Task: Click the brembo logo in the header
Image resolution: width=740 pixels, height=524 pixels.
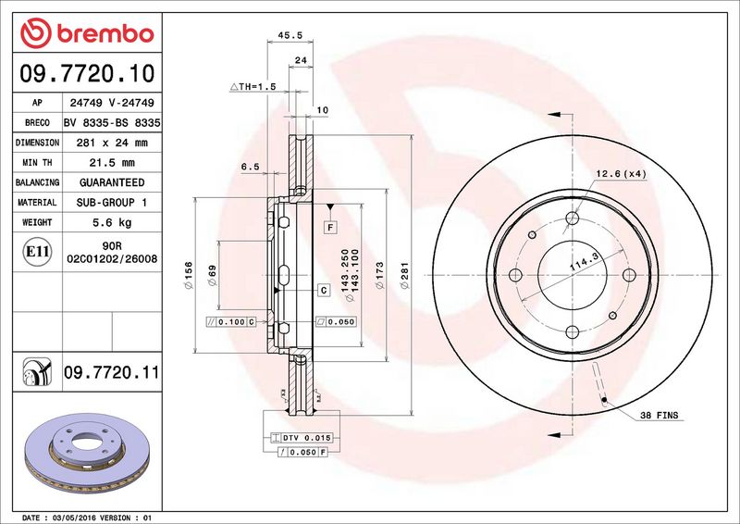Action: pos(87,33)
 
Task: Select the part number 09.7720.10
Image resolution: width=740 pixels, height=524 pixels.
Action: pos(87,73)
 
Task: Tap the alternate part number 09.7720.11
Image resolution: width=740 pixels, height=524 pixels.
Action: pos(112,372)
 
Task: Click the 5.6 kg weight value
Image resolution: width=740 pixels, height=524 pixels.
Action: pos(112,222)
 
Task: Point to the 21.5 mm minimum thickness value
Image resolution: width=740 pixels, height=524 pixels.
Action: pos(112,163)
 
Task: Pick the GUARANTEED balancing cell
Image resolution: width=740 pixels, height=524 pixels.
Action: pos(112,182)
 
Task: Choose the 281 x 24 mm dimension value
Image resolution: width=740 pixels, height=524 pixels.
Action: pos(112,143)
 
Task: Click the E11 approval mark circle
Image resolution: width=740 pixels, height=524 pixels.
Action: pos(37,252)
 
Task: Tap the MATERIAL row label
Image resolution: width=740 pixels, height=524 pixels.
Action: pos(37,202)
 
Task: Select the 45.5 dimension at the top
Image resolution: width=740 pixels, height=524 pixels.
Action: pos(290,35)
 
